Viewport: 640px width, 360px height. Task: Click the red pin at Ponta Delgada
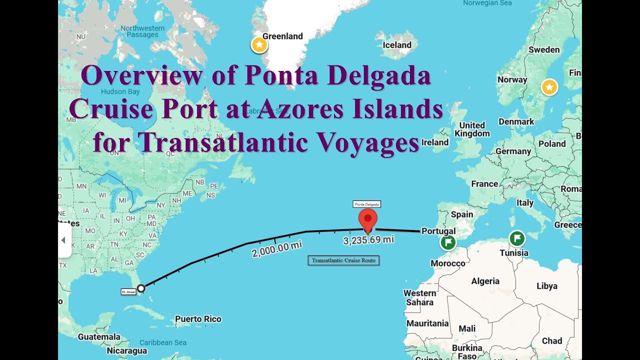click(368, 219)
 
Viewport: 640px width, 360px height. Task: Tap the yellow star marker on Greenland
click(259, 45)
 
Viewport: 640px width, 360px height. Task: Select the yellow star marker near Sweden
click(549, 88)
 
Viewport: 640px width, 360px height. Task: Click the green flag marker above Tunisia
click(517, 238)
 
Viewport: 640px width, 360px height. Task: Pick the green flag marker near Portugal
click(448, 243)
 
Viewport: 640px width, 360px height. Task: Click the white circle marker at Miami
click(141, 288)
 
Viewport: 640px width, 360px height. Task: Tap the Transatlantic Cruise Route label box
click(343, 260)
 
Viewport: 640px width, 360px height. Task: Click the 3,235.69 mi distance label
click(368, 240)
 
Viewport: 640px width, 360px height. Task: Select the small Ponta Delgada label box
click(367, 204)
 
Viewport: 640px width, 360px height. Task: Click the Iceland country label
click(397, 45)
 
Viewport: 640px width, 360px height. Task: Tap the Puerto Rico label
click(198, 319)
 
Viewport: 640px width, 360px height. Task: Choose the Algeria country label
click(485, 281)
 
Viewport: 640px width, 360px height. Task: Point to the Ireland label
click(435, 142)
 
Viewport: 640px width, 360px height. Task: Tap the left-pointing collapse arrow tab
click(63, 240)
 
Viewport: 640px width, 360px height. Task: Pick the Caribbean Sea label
click(162, 342)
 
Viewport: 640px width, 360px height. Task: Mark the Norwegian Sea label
click(487, 3)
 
